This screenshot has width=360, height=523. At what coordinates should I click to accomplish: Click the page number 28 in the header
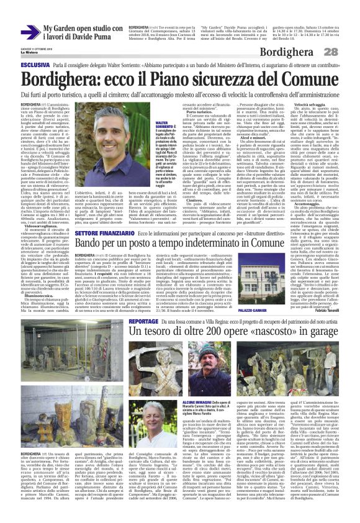[x=348, y=52]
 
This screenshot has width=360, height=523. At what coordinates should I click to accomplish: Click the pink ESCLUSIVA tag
[x=35, y=64]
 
